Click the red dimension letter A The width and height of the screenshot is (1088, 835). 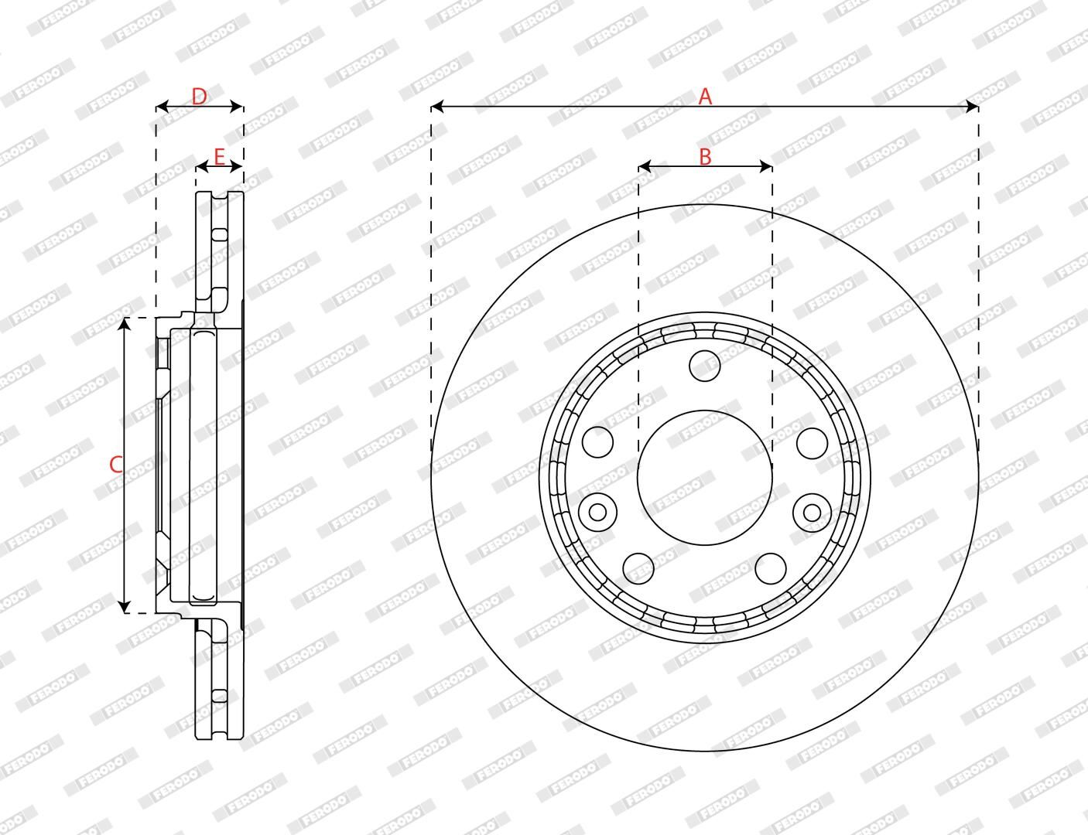pyautogui.click(x=705, y=97)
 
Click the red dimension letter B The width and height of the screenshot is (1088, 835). pyautogui.click(x=705, y=156)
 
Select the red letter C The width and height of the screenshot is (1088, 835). pyautogui.click(x=115, y=465)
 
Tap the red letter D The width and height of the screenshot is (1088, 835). pyautogui.click(x=199, y=97)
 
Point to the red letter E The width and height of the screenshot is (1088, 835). pyautogui.click(x=219, y=158)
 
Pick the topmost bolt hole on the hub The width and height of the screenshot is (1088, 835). pyautogui.click(x=704, y=365)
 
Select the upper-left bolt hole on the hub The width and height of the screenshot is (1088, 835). pyautogui.click(x=597, y=442)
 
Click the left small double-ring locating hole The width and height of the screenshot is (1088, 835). pyautogui.click(x=597, y=512)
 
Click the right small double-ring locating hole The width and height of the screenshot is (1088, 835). pyautogui.click(x=812, y=512)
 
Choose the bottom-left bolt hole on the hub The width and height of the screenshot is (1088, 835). pyautogui.click(x=638, y=568)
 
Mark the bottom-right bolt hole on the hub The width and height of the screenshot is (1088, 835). pyautogui.click(x=770, y=568)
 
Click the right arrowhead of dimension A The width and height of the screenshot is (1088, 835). pyautogui.click(x=973, y=106)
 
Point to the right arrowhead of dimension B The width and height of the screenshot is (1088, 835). pyautogui.click(x=767, y=166)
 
